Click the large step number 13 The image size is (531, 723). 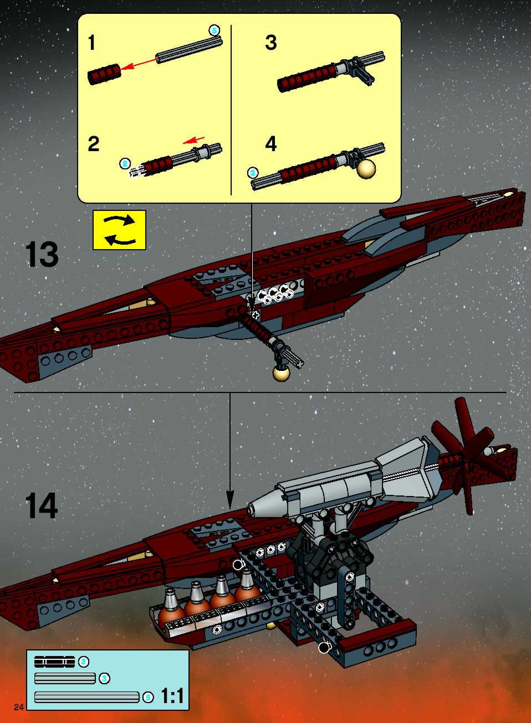(x=42, y=255)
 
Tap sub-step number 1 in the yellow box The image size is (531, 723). (x=92, y=43)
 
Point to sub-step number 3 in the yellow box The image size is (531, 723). (x=271, y=43)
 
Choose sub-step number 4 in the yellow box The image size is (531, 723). (x=271, y=144)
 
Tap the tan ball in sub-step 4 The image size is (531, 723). (x=366, y=169)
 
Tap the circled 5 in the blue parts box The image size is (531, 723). (x=148, y=697)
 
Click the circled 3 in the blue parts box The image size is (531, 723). (x=104, y=679)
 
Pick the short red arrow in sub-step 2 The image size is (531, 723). (x=193, y=140)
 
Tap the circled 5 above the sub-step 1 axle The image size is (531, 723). (x=214, y=31)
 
